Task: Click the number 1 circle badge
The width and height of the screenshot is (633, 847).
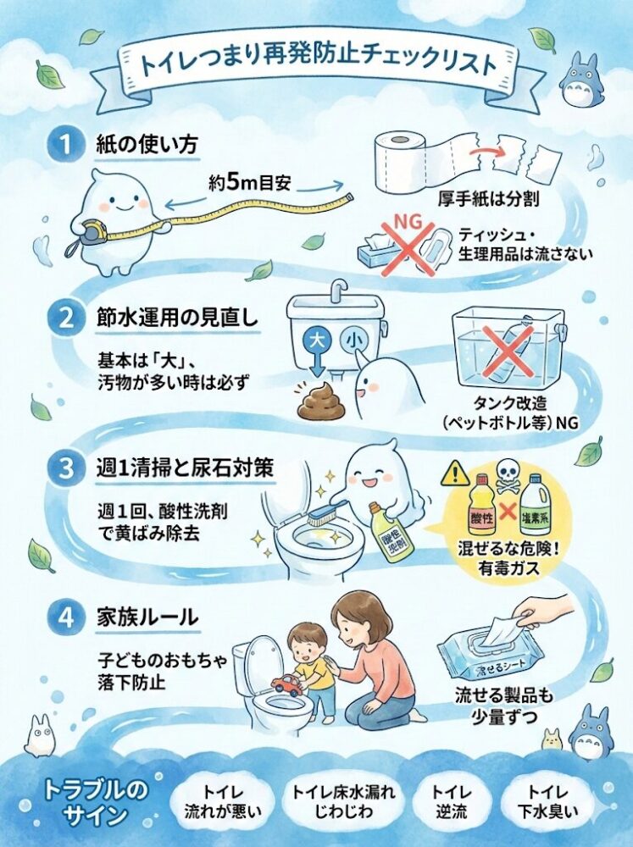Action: click(63, 145)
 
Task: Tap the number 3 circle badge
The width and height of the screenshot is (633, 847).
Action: click(63, 468)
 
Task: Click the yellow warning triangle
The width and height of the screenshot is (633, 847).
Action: click(455, 473)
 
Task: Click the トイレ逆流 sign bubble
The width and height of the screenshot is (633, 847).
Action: click(453, 801)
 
